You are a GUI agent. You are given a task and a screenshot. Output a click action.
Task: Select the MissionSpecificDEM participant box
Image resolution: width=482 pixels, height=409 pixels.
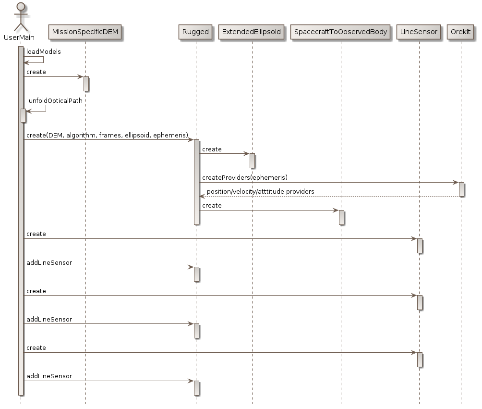coord(85,32)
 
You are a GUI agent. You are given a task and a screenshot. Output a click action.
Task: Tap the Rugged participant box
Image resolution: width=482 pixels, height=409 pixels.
coord(195,32)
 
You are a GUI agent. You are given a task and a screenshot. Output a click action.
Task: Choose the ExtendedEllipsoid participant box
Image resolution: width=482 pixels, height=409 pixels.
coord(252,32)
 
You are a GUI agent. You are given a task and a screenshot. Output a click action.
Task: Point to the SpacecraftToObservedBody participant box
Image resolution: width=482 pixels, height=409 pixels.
coord(340,32)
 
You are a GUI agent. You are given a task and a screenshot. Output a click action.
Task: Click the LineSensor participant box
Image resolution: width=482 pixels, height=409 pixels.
coord(419,32)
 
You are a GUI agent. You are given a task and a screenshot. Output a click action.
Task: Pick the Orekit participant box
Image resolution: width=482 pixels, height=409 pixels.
coord(461,32)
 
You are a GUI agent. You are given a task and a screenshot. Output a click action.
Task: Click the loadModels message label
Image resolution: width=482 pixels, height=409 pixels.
coord(43,52)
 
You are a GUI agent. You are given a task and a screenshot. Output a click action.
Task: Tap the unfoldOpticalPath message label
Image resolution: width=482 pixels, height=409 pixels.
coord(56,101)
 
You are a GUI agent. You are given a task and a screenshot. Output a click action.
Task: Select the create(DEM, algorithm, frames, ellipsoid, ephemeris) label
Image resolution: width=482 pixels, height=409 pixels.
coord(107,135)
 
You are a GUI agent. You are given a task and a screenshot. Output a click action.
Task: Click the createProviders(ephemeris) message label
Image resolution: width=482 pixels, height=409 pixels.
coord(244,178)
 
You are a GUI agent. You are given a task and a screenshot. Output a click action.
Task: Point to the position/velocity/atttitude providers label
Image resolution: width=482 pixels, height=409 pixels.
coord(260,192)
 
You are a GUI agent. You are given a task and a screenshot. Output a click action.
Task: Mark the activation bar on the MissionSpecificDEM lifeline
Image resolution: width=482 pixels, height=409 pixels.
coord(85,84)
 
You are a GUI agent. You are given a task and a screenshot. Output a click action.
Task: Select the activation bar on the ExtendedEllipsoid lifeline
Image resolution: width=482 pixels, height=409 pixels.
coord(252,161)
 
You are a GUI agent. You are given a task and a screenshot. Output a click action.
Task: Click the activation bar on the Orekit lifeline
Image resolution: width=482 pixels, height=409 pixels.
coord(461,189)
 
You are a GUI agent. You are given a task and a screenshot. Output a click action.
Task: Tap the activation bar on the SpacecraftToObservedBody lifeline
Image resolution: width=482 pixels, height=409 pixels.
coord(341,217)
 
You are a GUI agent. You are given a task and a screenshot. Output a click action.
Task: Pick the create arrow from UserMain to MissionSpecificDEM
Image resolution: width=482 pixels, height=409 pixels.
coord(53,77)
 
